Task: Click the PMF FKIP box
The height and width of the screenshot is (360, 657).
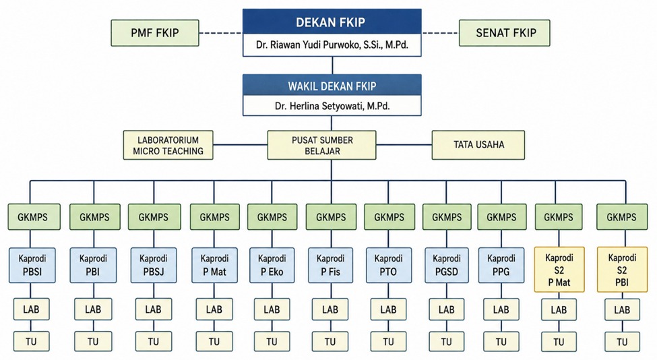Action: (x=154, y=32)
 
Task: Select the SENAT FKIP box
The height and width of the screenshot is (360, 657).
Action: (x=505, y=32)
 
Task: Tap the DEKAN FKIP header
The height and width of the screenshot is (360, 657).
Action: (x=332, y=22)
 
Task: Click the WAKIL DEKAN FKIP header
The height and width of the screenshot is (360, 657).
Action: (x=332, y=86)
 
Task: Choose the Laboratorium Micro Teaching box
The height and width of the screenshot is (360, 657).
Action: (x=168, y=145)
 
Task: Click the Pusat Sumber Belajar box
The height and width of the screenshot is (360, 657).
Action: (x=322, y=145)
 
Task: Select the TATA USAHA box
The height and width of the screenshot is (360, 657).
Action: (x=478, y=145)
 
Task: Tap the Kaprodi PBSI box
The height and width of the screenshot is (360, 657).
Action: (x=32, y=265)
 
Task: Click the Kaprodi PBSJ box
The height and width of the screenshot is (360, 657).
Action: (x=154, y=265)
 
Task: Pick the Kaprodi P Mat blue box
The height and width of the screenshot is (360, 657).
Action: (x=214, y=265)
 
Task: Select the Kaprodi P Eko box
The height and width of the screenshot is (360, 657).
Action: (x=272, y=265)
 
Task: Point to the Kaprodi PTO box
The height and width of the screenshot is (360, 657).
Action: (x=388, y=265)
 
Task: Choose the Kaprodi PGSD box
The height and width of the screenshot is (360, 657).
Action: (x=447, y=265)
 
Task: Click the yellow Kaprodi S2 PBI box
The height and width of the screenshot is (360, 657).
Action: (x=622, y=270)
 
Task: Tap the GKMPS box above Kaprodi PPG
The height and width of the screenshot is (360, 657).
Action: (x=501, y=217)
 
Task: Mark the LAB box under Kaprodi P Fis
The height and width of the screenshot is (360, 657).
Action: (x=330, y=309)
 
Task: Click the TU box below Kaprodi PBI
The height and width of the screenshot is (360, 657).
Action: (x=93, y=342)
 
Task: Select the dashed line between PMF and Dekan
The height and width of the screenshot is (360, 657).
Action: (x=221, y=32)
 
